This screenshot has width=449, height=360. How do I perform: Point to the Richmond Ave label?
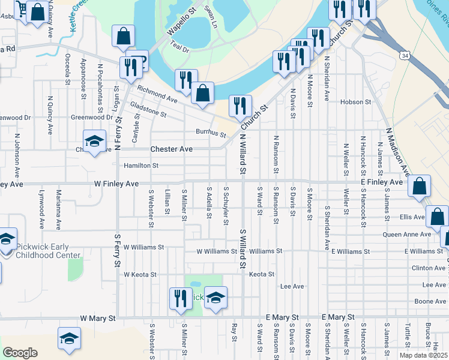[157, 94]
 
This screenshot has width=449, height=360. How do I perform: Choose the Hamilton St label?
[141, 165]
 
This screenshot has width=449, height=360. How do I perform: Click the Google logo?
[20, 353]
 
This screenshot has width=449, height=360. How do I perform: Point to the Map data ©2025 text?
[423, 355]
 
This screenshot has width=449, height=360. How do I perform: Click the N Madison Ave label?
[397, 152]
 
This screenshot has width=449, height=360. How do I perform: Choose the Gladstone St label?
[148, 109]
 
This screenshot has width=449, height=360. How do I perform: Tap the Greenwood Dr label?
[92, 118]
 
